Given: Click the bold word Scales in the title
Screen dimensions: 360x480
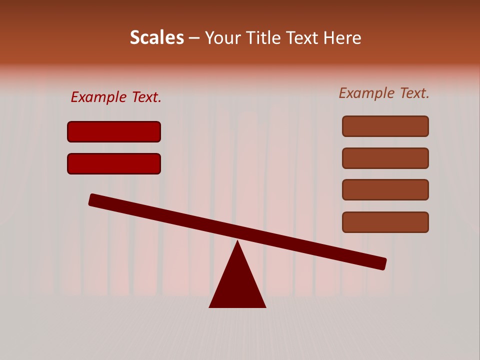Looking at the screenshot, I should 156,38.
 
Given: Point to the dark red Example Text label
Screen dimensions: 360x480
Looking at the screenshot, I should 116,97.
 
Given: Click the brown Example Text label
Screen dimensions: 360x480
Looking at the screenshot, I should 384,93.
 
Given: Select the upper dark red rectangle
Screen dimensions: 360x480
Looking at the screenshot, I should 114,131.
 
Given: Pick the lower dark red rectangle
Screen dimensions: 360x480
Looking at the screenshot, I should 114,163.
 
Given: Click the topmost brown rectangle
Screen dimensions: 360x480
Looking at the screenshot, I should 385,126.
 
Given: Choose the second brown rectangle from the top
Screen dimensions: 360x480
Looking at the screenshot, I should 385,158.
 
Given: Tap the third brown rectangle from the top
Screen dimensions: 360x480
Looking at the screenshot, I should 385,189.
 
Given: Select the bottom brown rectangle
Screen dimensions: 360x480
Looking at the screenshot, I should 385,222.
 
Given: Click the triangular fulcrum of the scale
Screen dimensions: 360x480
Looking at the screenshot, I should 237,285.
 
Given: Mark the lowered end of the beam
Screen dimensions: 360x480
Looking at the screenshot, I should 382,263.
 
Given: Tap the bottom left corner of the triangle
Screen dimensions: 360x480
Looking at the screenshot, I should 210,306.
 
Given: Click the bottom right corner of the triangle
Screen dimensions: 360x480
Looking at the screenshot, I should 265,306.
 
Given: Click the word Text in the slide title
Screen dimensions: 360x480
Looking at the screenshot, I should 302,38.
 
